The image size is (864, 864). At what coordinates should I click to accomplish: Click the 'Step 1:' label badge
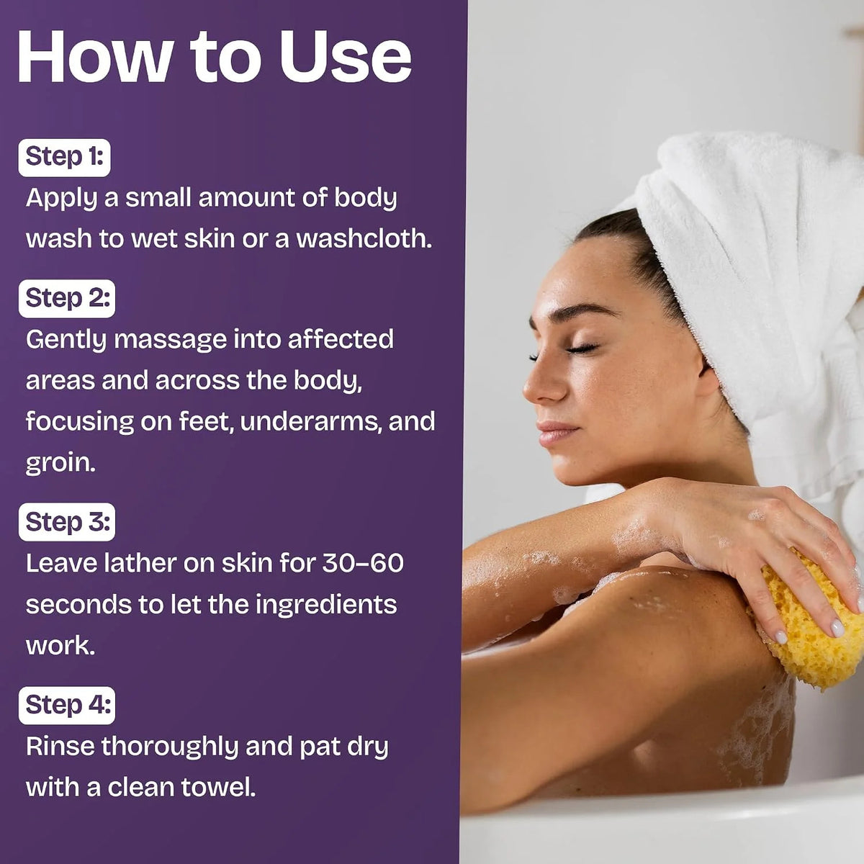click(64, 158)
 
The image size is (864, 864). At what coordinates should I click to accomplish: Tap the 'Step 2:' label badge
click(67, 299)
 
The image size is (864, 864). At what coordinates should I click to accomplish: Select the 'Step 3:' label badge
click(67, 522)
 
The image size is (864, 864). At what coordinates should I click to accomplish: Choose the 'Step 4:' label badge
click(67, 706)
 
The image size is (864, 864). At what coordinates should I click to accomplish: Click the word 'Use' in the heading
click(345, 57)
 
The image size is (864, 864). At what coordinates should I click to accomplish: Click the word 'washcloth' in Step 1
click(363, 238)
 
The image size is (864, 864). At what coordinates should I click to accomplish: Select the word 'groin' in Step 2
click(60, 464)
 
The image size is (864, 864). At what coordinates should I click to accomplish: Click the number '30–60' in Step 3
click(363, 563)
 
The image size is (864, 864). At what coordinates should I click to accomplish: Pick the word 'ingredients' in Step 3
click(326, 606)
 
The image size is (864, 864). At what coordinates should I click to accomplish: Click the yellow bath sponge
click(808, 628)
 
